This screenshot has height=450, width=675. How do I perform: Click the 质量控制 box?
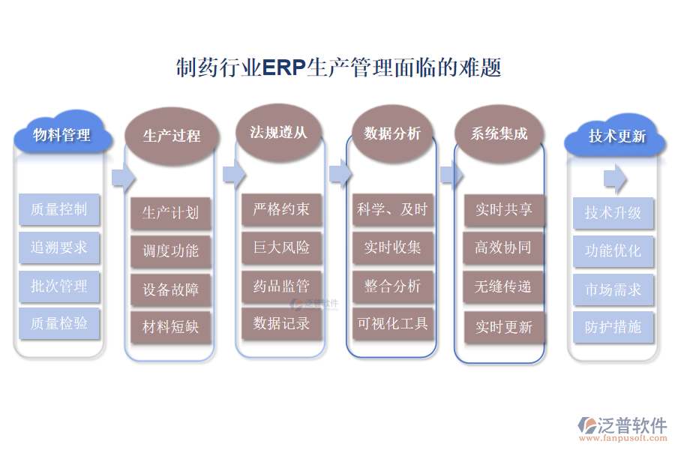[x=58, y=209]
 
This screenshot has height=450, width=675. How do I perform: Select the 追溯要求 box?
[x=58, y=247]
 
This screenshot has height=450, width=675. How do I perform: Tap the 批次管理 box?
[x=58, y=286]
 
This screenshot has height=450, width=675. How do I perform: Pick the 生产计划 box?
[x=170, y=213]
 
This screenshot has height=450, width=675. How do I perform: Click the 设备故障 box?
[x=170, y=289]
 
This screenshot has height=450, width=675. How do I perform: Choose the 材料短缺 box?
[x=170, y=327]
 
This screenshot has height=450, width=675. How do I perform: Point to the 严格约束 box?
[x=281, y=209]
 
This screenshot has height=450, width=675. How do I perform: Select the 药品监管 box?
[x=281, y=286]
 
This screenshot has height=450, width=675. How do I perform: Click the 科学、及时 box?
[x=391, y=209]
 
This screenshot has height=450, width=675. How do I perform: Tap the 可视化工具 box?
[x=391, y=324]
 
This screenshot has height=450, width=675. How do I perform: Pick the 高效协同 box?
[x=503, y=247]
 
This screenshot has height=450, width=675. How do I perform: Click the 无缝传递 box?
[x=503, y=286]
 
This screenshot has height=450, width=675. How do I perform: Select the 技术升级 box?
[x=613, y=213]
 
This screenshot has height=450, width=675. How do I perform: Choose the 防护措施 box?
[x=613, y=327]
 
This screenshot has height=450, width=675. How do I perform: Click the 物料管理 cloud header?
[x=61, y=135]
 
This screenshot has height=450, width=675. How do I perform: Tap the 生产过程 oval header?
[x=172, y=136]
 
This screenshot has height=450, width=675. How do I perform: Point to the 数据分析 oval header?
[x=392, y=133]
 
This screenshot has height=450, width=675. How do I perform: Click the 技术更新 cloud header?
[x=616, y=136]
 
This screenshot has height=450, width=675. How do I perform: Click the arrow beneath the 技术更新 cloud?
[x=615, y=178]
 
